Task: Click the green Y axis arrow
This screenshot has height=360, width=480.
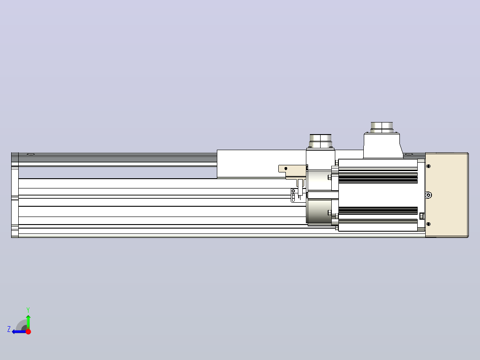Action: click(x=28, y=322)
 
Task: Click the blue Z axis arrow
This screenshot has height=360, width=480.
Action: click(x=19, y=331)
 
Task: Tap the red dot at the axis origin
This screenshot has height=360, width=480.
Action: click(x=28, y=331)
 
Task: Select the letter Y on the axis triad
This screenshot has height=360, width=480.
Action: click(x=28, y=310)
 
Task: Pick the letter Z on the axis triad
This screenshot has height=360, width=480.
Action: click(x=9, y=329)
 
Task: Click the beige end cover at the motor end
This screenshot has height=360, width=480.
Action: click(x=447, y=195)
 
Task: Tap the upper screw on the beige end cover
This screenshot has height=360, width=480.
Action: click(x=428, y=166)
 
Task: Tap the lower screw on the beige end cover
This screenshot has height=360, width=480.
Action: click(x=428, y=224)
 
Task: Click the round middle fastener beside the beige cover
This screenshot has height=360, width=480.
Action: click(x=428, y=195)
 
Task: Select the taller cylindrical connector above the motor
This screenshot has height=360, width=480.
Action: click(x=382, y=127)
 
